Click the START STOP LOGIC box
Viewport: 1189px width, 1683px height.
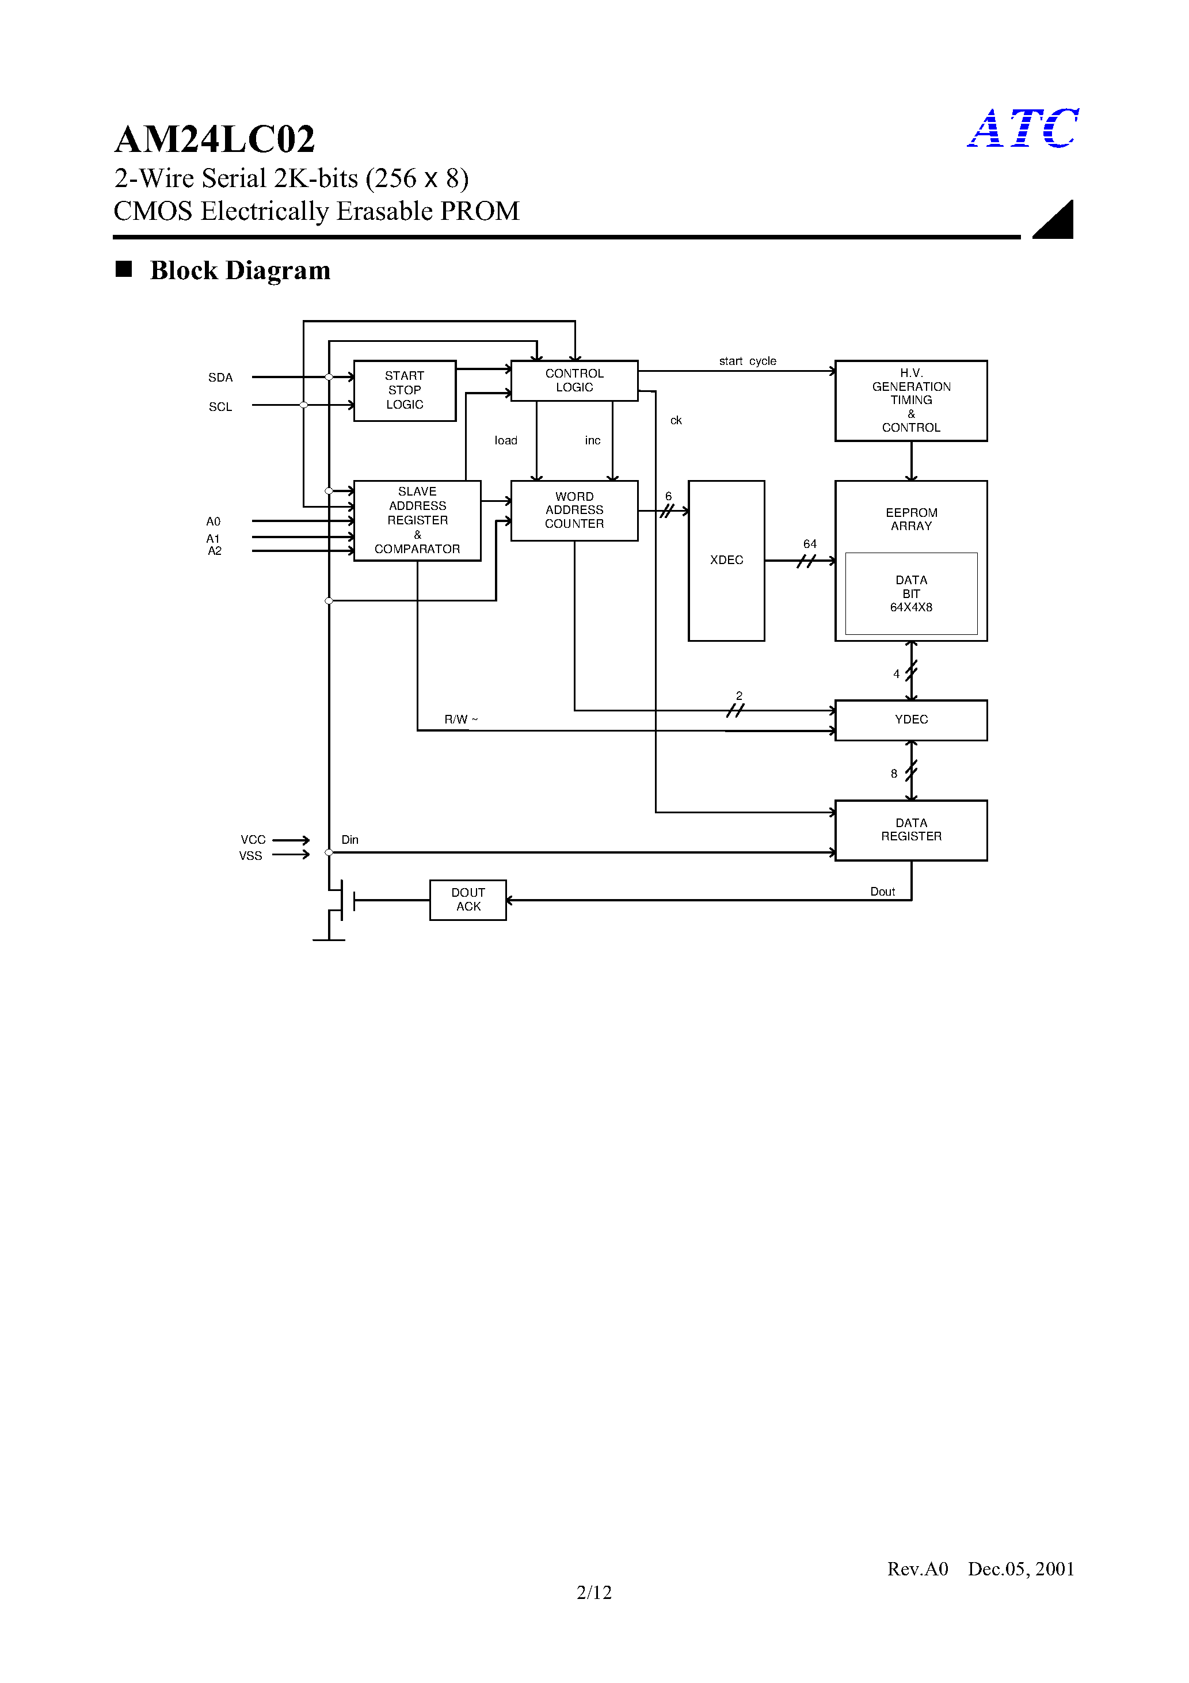[x=405, y=390]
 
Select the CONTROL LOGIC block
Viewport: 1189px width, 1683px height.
[x=574, y=380]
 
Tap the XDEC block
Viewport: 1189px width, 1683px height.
[x=726, y=560]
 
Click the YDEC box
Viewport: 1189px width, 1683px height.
[x=910, y=720]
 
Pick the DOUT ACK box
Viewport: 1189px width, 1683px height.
[x=468, y=900]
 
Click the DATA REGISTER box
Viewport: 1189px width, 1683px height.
[x=910, y=830]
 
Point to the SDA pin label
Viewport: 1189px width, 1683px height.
[x=220, y=378]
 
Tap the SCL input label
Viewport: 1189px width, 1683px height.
[x=220, y=407]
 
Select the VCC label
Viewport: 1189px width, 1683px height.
[x=253, y=839]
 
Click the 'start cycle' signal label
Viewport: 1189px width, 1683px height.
[x=747, y=361]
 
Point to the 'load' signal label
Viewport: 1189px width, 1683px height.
[x=506, y=440]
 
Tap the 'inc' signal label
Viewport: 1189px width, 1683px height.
[x=592, y=440]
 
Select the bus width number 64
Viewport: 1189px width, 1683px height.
[x=809, y=544]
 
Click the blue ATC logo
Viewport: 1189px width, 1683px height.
[x=1023, y=128]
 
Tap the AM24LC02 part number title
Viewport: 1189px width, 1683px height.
[x=215, y=139]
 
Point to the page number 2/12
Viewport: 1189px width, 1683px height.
[x=594, y=1592]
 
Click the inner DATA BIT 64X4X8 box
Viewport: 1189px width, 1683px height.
[x=910, y=594]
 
